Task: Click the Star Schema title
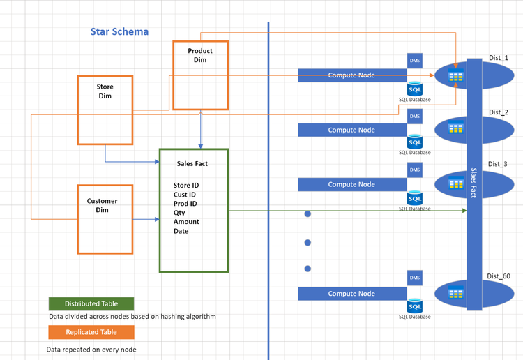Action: (x=119, y=31)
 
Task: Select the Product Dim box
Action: (x=200, y=75)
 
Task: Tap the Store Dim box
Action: (x=105, y=110)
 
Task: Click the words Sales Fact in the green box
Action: (x=192, y=164)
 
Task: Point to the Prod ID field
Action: (x=185, y=203)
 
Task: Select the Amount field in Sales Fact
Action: (x=186, y=222)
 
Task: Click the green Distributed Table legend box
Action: (x=91, y=304)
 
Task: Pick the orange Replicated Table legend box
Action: (x=91, y=332)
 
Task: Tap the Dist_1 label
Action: (x=499, y=58)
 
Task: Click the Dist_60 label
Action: (x=499, y=276)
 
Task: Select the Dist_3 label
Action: (x=498, y=164)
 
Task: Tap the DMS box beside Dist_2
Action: (x=415, y=116)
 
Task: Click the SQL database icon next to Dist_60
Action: (x=415, y=306)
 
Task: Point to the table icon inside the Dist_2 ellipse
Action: (x=455, y=128)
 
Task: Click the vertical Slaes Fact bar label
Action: (x=473, y=183)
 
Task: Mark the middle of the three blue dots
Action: (x=308, y=243)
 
